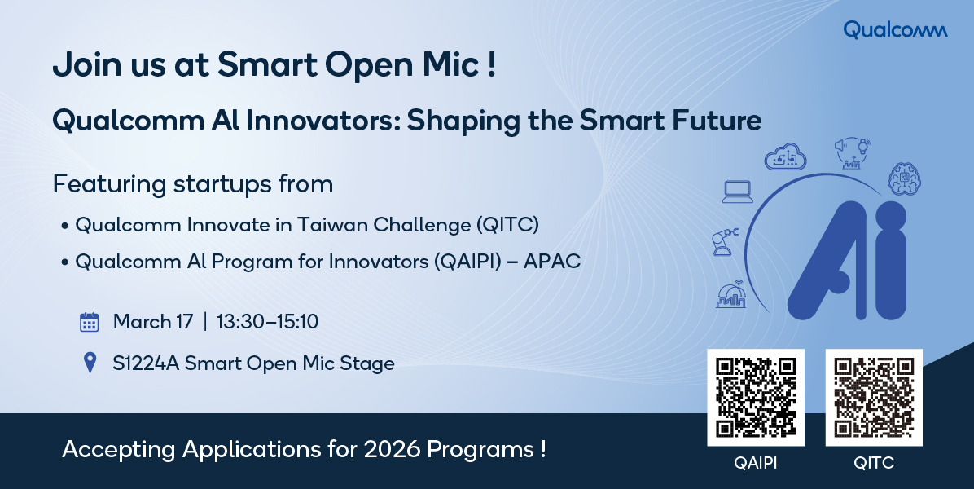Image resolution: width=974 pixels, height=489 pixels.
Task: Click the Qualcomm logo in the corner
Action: [x=895, y=29]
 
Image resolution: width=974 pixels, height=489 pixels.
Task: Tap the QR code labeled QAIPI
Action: [x=756, y=397]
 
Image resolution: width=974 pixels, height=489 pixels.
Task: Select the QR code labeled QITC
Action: [x=873, y=397]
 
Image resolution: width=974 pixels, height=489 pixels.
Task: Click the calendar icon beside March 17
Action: [x=90, y=322]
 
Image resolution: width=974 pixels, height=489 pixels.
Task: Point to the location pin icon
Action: [x=90, y=363]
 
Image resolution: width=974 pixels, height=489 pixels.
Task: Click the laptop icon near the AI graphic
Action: [x=738, y=192]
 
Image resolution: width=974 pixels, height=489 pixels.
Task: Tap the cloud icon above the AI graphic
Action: [x=785, y=156]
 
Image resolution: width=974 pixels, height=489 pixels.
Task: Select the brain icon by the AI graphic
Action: [x=905, y=178]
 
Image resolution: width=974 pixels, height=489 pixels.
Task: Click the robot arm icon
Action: [x=724, y=242]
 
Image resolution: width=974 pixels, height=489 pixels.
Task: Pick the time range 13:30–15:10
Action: [x=267, y=322]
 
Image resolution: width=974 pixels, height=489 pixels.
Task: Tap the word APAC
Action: [x=552, y=262]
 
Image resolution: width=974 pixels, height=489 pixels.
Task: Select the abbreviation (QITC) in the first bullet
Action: [x=507, y=224]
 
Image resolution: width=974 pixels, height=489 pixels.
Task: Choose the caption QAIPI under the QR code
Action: [x=756, y=463]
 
